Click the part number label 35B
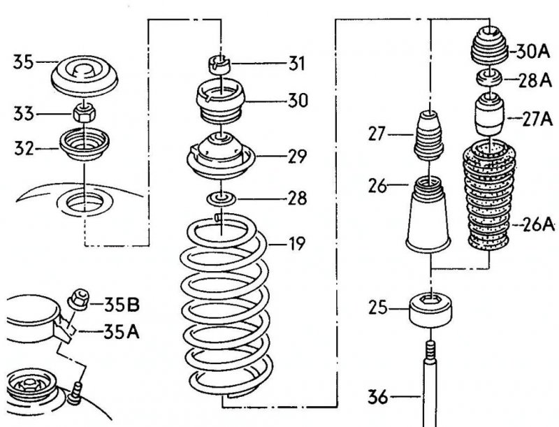click(x=122, y=305)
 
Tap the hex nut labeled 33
click(x=85, y=113)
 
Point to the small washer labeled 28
click(x=222, y=198)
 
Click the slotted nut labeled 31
click(x=219, y=65)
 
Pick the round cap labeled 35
click(x=85, y=76)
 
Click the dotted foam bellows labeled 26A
click(x=489, y=194)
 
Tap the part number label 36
click(x=377, y=397)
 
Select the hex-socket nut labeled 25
click(x=431, y=310)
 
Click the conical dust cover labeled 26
click(x=428, y=216)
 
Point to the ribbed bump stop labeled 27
click(x=428, y=136)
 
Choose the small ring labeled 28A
click(x=490, y=78)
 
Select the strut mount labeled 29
click(x=221, y=156)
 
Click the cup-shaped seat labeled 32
click(x=84, y=145)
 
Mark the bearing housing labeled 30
click(x=221, y=101)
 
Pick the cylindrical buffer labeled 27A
click(x=489, y=114)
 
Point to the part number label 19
click(x=297, y=244)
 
